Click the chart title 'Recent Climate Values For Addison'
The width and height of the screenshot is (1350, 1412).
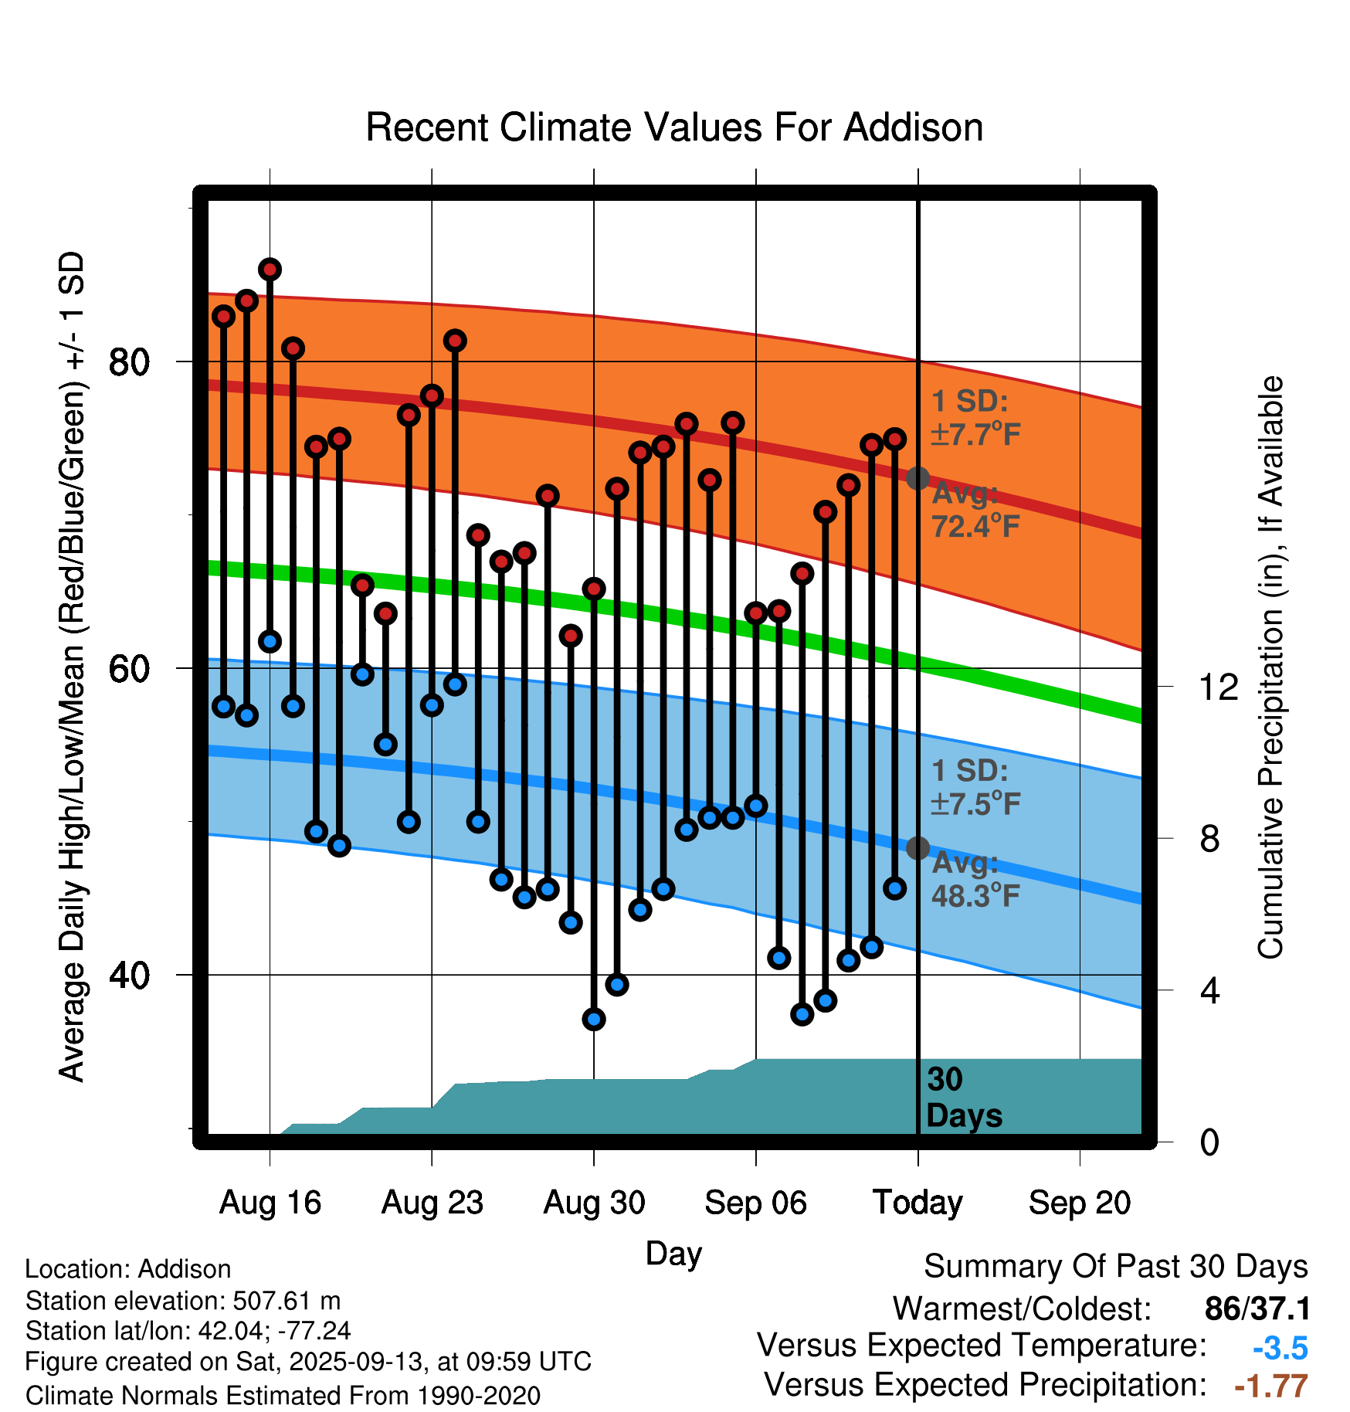coord(674,128)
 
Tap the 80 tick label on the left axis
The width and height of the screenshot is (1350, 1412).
coord(129,361)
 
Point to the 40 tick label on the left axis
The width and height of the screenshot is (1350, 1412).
coord(129,975)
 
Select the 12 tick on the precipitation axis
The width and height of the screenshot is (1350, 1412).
coord(1219,687)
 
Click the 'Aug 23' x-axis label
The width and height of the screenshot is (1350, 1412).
coord(432,1203)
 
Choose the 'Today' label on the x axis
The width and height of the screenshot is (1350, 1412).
coord(918,1203)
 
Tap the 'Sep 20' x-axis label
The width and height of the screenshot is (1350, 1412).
coord(1079,1203)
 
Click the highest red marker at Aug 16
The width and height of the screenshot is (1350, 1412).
coord(270,270)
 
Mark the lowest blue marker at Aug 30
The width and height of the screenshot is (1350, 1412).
coord(594,1020)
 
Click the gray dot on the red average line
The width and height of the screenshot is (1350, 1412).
coord(918,478)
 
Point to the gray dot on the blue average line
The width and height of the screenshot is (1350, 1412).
coord(918,848)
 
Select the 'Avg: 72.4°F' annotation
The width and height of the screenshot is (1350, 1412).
coord(975,511)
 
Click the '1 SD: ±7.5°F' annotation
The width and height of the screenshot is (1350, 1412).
coord(975,787)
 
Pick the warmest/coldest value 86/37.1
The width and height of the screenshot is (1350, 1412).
coord(1257,1309)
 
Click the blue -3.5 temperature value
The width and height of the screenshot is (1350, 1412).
coord(1280,1348)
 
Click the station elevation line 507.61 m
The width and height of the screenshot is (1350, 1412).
coord(183,1301)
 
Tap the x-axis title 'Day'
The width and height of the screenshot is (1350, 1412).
coord(673,1253)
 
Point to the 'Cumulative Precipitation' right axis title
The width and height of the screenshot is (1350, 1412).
coord(1270,667)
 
